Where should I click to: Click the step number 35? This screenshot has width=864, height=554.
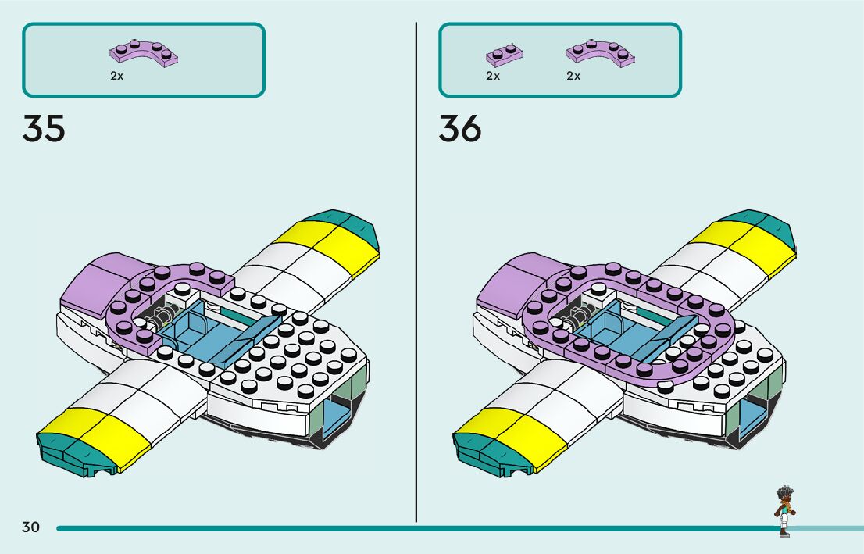click(44, 128)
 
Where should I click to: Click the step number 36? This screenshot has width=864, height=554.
click(460, 128)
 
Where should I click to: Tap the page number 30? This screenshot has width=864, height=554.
click(30, 527)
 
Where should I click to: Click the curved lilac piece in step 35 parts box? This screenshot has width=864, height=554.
click(144, 53)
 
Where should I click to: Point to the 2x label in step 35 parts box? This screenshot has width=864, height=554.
click(116, 77)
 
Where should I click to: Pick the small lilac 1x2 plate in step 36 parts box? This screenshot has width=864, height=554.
click(504, 54)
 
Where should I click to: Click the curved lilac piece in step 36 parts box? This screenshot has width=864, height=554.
click(599, 51)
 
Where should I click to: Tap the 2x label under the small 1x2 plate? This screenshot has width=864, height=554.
click(493, 77)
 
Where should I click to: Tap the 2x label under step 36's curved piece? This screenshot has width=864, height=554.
click(573, 77)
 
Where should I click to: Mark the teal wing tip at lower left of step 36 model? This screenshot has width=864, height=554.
click(488, 453)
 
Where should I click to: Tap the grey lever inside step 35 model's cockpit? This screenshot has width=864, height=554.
click(162, 316)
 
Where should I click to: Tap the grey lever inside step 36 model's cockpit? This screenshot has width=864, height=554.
click(578, 316)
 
